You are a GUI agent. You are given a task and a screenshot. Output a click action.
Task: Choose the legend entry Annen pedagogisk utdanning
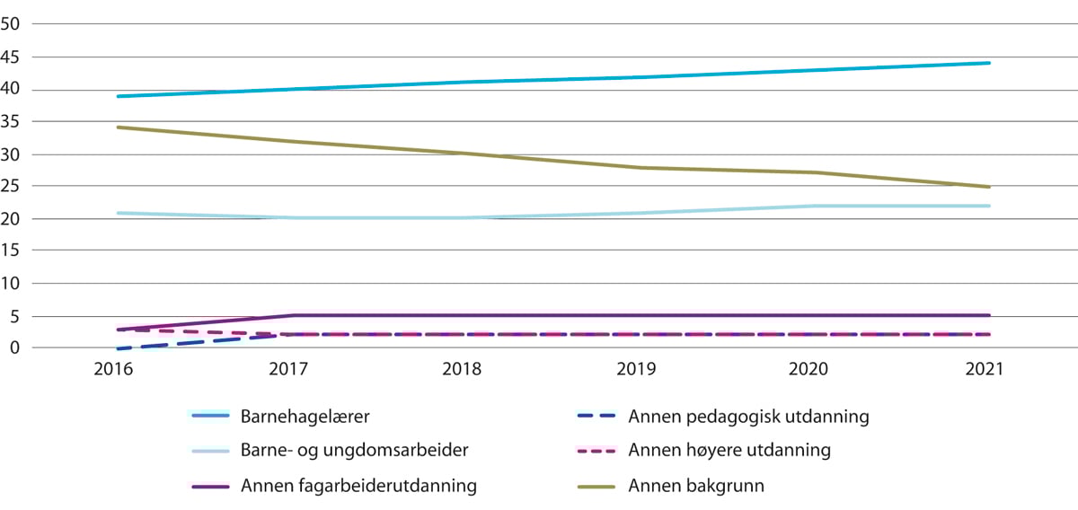pyautogui.click(x=748, y=416)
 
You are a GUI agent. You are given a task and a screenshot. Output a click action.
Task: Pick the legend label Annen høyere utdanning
pyautogui.click(x=729, y=451)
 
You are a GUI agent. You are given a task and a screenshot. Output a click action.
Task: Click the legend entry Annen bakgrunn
pyautogui.click(x=696, y=487)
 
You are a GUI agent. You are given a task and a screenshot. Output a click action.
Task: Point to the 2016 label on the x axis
pyautogui.click(x=118, y=370)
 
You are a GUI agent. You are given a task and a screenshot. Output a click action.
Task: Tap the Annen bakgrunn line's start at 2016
pyautogui.click(x=119, y=127)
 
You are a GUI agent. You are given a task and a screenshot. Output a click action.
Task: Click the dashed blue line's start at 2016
pyautogui.click(x=119, y=348)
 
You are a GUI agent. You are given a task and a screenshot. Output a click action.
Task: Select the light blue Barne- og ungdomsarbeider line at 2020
pyautogui.click(x=815, y=206)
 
